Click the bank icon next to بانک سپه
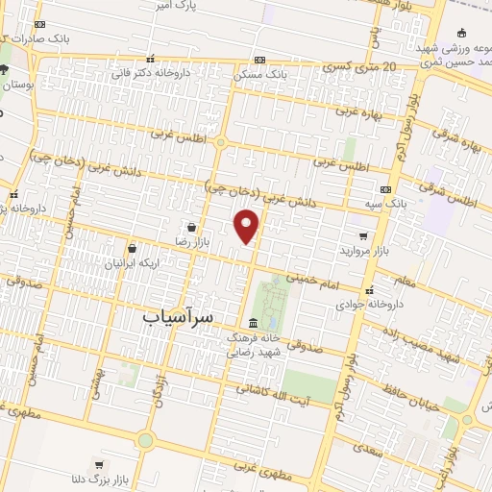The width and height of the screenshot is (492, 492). [x=385, y=189]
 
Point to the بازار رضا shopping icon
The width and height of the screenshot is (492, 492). [x=194, y=227]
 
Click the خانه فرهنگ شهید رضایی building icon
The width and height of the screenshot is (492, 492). [x=253, y=322]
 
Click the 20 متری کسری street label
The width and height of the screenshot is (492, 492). [x=359, y=67]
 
